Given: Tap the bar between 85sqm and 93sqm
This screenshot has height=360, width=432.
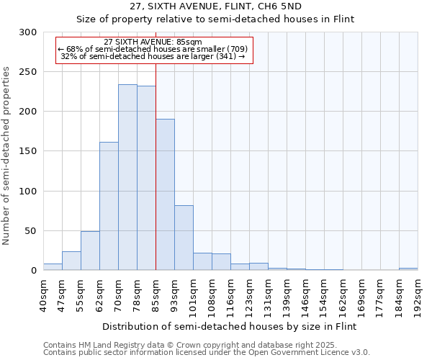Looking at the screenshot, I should coord(165,194).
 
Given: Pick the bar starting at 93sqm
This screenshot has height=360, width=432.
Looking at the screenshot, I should coord(184,238).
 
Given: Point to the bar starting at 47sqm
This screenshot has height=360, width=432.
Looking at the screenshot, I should coord(71,261).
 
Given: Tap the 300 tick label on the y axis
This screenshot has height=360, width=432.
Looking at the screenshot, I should coord(28,32).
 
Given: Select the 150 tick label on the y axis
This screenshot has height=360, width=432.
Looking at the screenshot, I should coord(28,151).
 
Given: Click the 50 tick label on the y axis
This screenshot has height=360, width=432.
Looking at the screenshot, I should coord(31,231).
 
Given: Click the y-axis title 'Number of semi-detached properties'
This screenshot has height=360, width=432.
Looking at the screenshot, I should coord(7,156).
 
